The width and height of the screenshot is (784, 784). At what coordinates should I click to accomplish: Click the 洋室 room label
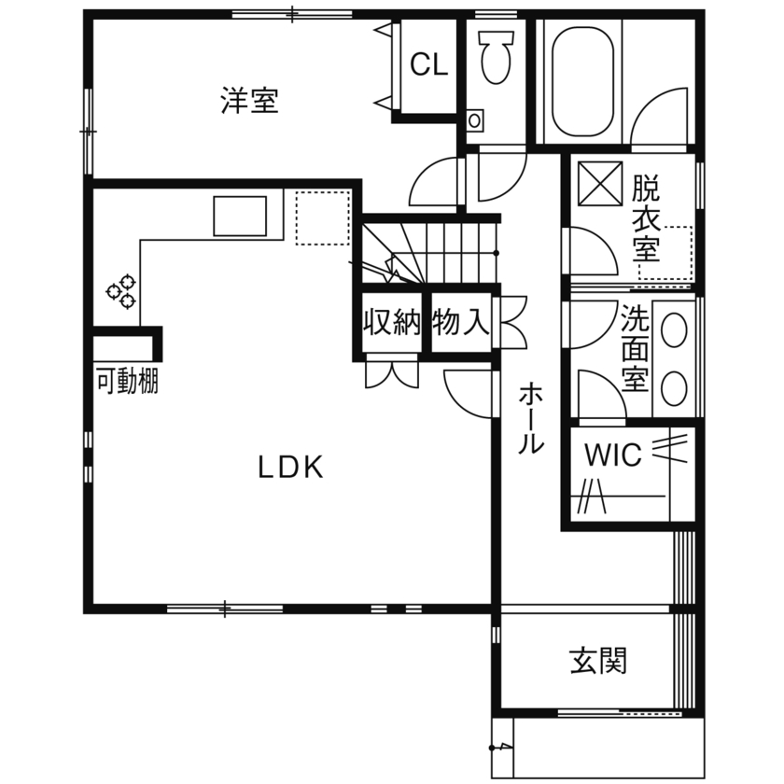click(249, 101)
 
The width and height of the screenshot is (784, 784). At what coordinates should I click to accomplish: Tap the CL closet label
click(429, 65)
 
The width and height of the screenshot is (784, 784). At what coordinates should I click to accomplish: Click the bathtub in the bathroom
click(583, 80)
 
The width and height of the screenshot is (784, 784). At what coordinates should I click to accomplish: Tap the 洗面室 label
click(636, 349)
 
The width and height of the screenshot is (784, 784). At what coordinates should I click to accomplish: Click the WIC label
click(612, 455)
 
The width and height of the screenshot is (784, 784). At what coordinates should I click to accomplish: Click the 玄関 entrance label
click(598, 661)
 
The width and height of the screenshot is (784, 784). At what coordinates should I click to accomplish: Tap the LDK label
click(290, 468)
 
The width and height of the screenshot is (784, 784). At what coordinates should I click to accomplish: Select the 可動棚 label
click(127, 382)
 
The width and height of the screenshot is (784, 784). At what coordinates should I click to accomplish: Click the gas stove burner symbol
click(121, 291)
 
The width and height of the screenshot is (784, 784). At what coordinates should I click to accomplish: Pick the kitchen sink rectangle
click(241, 217)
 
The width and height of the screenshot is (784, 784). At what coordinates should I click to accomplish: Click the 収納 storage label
click(391, 323)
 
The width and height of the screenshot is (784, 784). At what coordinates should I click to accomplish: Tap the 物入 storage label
click(461, 323)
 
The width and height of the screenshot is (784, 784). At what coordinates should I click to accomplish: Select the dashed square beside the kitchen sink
click(322, 217)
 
